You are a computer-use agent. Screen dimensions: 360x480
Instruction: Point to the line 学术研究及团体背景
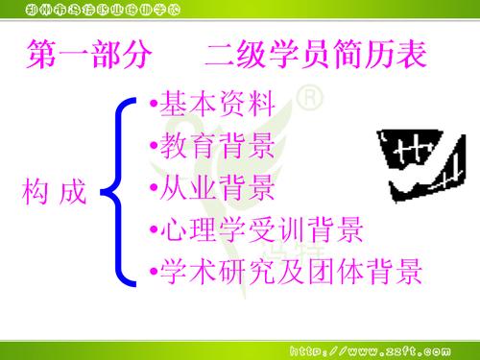(288, 273)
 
